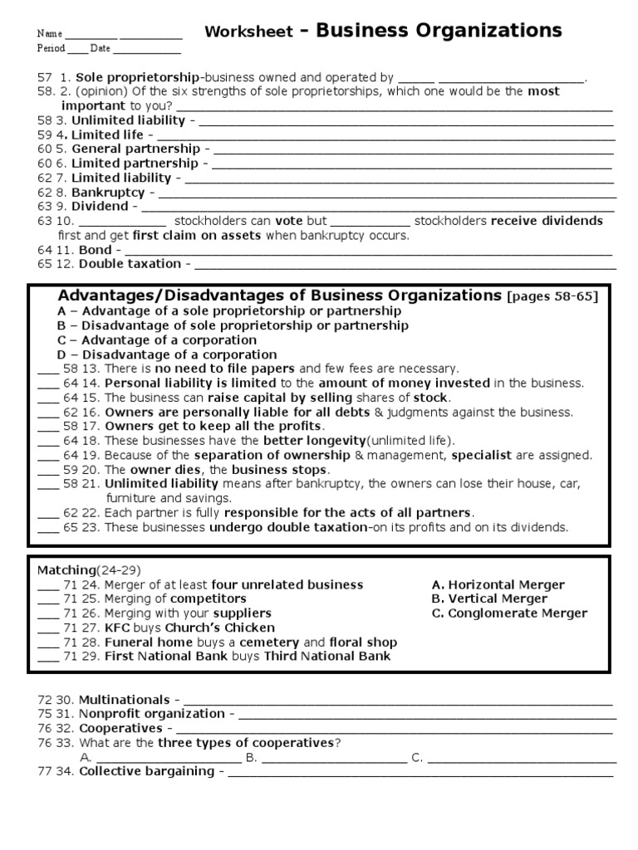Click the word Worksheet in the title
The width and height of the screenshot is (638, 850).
pos(248,32)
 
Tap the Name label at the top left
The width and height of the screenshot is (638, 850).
pos(49,33)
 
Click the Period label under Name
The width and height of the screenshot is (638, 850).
pos(51,48)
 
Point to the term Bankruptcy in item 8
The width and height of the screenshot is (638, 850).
pos(108,192)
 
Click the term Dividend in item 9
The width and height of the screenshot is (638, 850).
pos(100,206)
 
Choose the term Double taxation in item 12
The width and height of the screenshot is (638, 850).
pos(130,263)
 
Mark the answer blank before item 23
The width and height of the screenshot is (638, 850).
pos(48,527)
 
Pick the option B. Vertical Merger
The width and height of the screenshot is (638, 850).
pos(489,598)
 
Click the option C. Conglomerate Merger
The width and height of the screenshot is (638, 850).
pos(509,613)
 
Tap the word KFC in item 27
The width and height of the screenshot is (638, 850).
pos(117,628)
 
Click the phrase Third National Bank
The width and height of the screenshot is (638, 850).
pos(327,656)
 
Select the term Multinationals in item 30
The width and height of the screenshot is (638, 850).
pos(124,700)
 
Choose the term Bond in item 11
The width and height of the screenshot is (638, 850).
pos(95,249)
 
